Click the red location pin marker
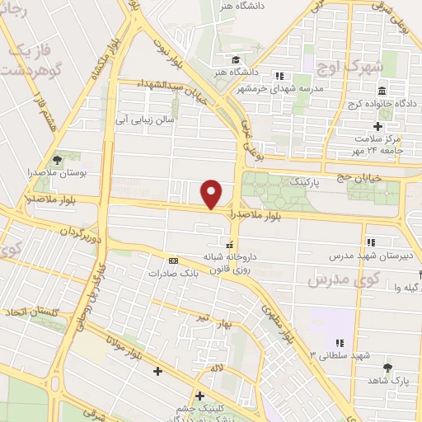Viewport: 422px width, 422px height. pos(213,193)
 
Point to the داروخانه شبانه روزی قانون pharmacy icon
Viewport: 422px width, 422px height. pos(229,245)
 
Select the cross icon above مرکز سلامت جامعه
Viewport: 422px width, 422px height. pos(377,126)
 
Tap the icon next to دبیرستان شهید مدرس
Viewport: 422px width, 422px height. pos(372,242)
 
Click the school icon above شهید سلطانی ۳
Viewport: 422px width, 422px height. pos(338,343)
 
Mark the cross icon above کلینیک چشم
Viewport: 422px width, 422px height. pos(199,396)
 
